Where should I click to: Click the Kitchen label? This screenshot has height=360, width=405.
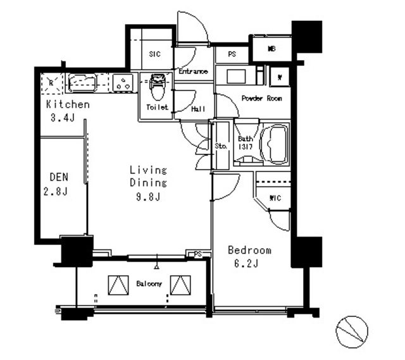pyautogui.click(x=67, y=104)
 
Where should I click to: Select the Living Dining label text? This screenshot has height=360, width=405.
pyautogui.click(x=148, y=177)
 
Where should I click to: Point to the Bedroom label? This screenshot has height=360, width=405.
pyautogui.click(x=249, y=250)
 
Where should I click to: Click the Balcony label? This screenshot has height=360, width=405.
pyautogui.click(x=149, y=284)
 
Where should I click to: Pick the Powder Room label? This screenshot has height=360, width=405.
pyautogui.click(x=261, y=99)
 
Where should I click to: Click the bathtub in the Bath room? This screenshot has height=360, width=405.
pyautogui.click(x=273, y=144)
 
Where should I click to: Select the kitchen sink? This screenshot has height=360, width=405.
pyautogui.click(x=82, y=82)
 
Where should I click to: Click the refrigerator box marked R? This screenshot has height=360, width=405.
pyautogui.click(x=51, y=82)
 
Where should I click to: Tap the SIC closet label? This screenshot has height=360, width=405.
pyautogui.click(x=155, y=54)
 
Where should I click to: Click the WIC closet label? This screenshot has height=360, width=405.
pyautogui.click(x=275, y=199)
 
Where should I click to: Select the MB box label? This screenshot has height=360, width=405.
pyautogui.click(x=271, y=49)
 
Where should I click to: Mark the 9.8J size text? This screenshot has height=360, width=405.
pyautogui.click(x=148, y=197)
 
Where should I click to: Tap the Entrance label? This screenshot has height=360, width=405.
pyautogui.click(x=193, y=71)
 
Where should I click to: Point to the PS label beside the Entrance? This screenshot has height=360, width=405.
pyautogui.click(x=232, y=54)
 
